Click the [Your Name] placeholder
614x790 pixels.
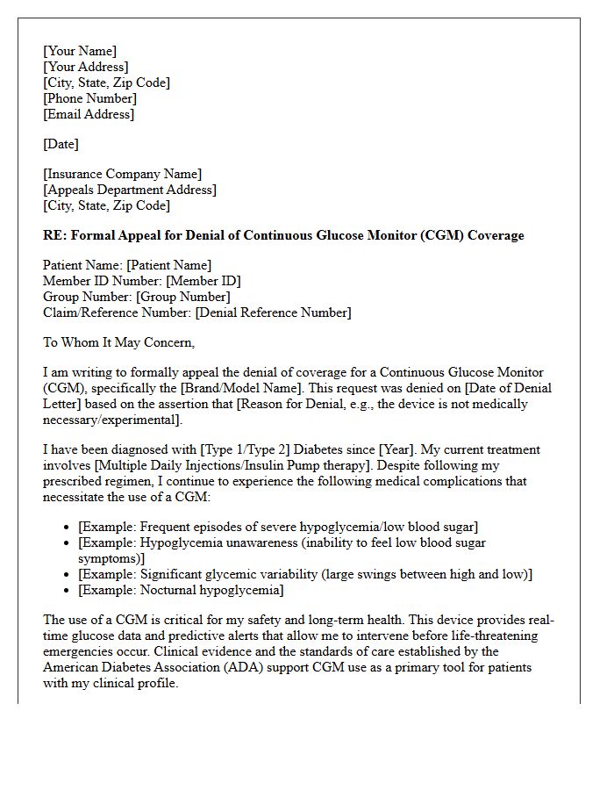(x=80, y=51)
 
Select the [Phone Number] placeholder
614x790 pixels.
(x=89, y=98)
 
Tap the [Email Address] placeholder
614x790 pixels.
(x=89, y=114)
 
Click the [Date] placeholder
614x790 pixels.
(x=61, y=144)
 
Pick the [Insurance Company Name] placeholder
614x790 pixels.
(x=122, y=174)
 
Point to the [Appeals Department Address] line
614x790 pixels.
(x=130, y=190)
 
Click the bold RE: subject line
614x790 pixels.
(x=283, y=235)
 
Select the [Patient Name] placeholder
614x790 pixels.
(x=168, y=265)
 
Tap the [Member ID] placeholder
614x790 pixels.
(x=203, y=281)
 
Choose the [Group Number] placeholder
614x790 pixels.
(x=182, y=297)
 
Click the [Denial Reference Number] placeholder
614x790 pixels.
(x=273, y=312)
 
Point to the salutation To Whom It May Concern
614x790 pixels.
(x=119, y=342)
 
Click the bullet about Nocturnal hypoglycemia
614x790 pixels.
(x=181, y=590)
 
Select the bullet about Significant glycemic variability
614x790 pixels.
(x=305, y=574)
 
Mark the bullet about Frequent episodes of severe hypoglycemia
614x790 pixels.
(x=278, y=527)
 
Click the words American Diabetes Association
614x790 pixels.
(x=130, y=667)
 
